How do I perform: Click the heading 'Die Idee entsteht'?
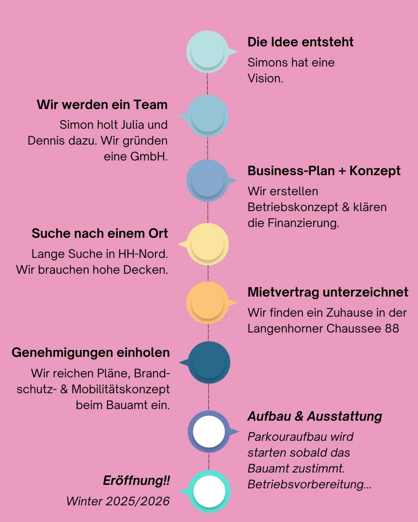pyautogui.click(x=300, y=42)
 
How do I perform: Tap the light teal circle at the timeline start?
pyautogui.click(x=207, y=51)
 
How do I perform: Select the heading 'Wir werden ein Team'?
pyautogui.click(x=102, y=105)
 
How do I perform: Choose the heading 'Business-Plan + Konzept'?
pyautogui.click(x=324, y=171)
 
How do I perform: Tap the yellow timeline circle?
pyautogui.click(x=208, y=244)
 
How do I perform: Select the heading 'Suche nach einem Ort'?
pyautogui.click(x=100, y=234)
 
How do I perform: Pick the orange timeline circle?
pyautogui.click(x=208, y=303)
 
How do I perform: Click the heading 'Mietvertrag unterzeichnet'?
pyautogui.click(x=328, y=292)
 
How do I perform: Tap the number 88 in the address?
pyautogui.click(x=392, y=329)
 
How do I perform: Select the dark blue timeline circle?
pyautogui.click(x=209, y=362)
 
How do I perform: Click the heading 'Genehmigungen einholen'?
pyautogui.click(x=91, y=353)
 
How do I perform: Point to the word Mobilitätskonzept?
pyautogui.click(x=121, y=389)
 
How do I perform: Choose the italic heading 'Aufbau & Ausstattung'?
pyautogui.click(x=315, y=416)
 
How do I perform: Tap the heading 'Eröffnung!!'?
pyautogui.click(x=136, y=481)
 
